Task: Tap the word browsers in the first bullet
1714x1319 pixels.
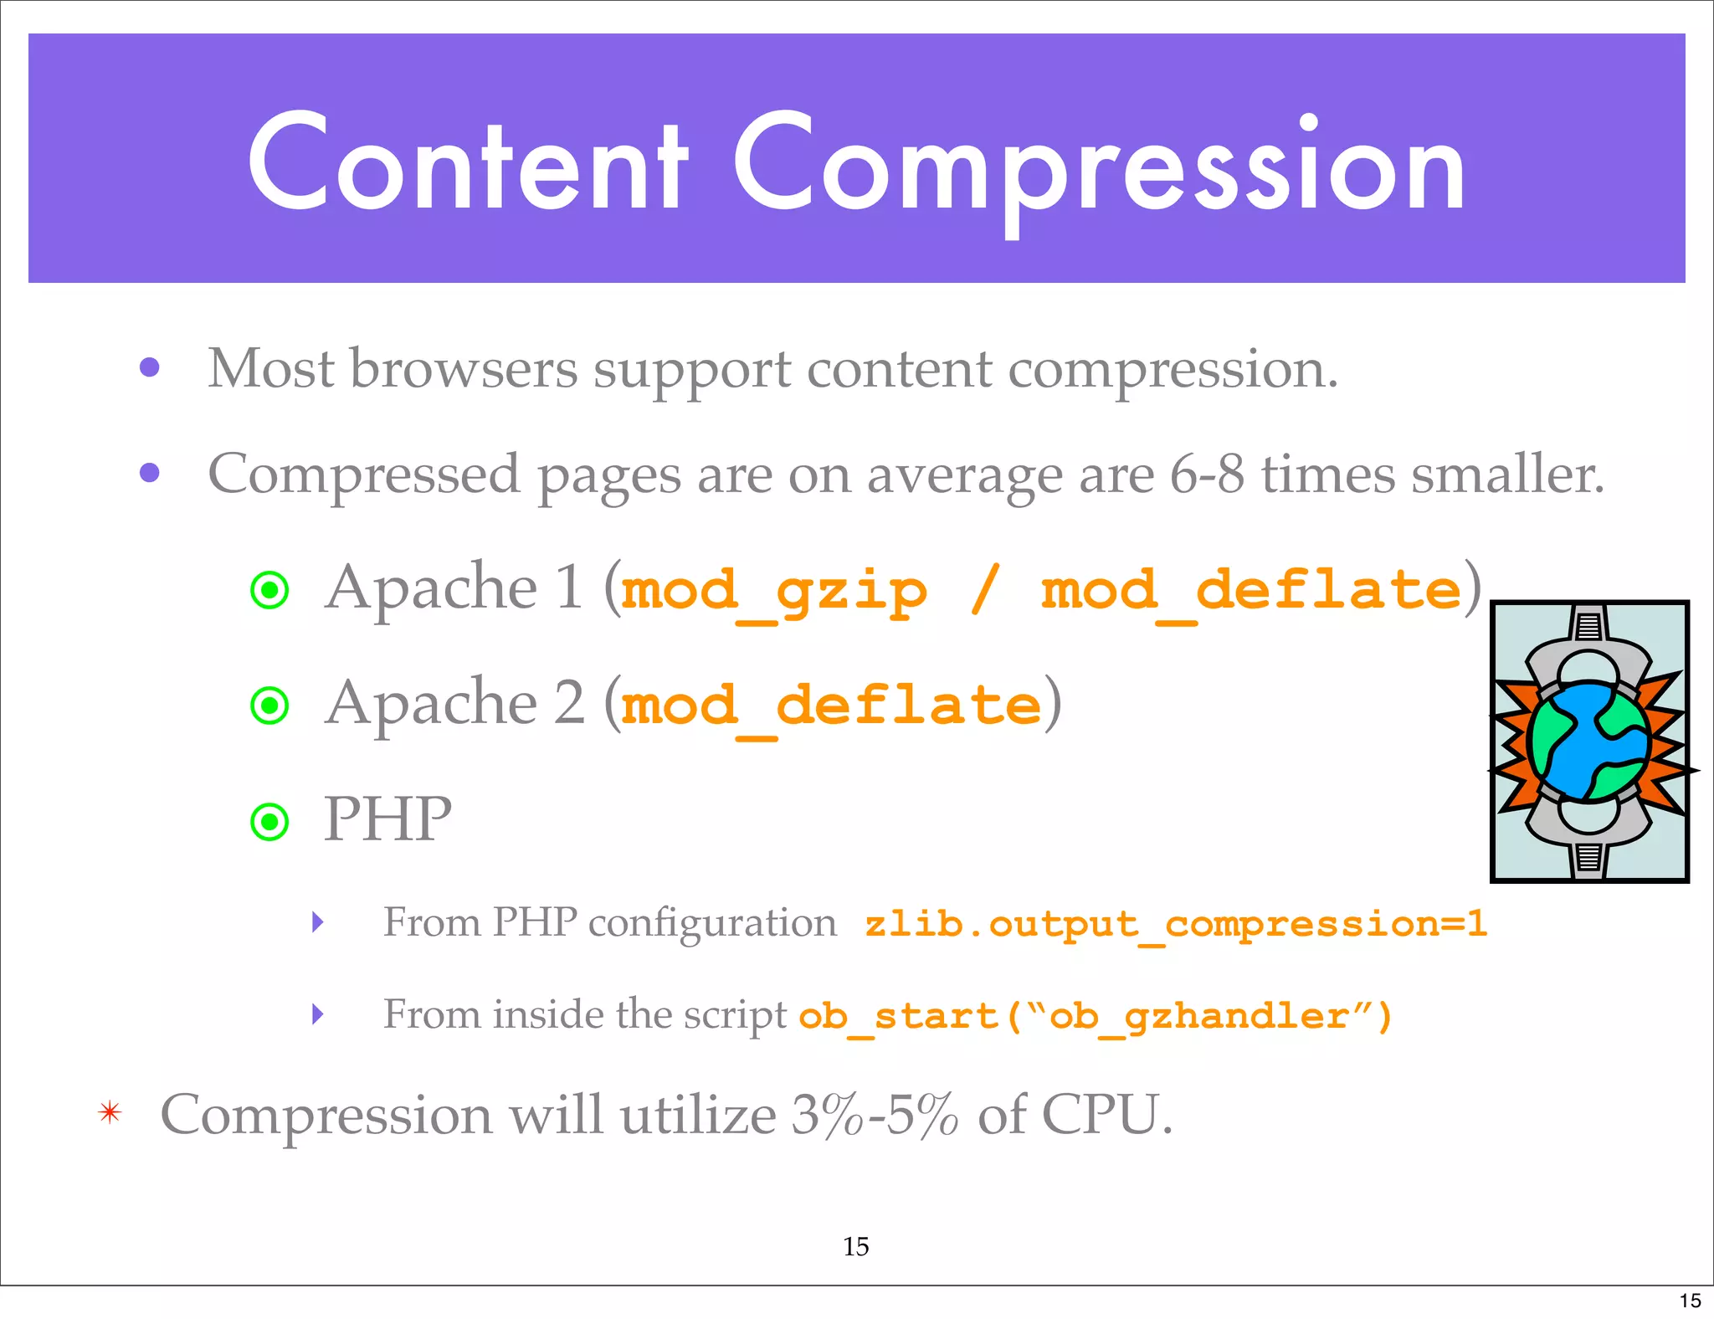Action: (x=463, y=368)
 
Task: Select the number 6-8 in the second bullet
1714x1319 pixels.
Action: (x=1206, y=475)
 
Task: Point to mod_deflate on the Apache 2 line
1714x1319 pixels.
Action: (x=832, y=706)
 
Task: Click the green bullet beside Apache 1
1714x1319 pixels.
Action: (x=269, y=590)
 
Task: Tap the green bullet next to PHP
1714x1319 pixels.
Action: (x=269, y=822)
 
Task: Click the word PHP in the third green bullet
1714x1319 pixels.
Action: (x=387, y=819)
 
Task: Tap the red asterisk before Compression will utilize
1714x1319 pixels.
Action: (x=110, y=1113)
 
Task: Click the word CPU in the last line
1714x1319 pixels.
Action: (x=1106, y=1115)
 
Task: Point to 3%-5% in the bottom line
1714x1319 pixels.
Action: (x=875, y=1115)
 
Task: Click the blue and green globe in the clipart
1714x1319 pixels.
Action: (x=1588, y=742)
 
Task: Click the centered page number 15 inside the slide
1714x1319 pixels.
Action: (x=855, y=1247)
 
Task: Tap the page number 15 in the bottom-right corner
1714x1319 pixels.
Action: (x=1690, y=1301)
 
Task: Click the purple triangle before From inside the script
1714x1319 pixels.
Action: (x=317, y=1014)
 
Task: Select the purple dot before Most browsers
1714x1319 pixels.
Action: (x=150, y=367)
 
